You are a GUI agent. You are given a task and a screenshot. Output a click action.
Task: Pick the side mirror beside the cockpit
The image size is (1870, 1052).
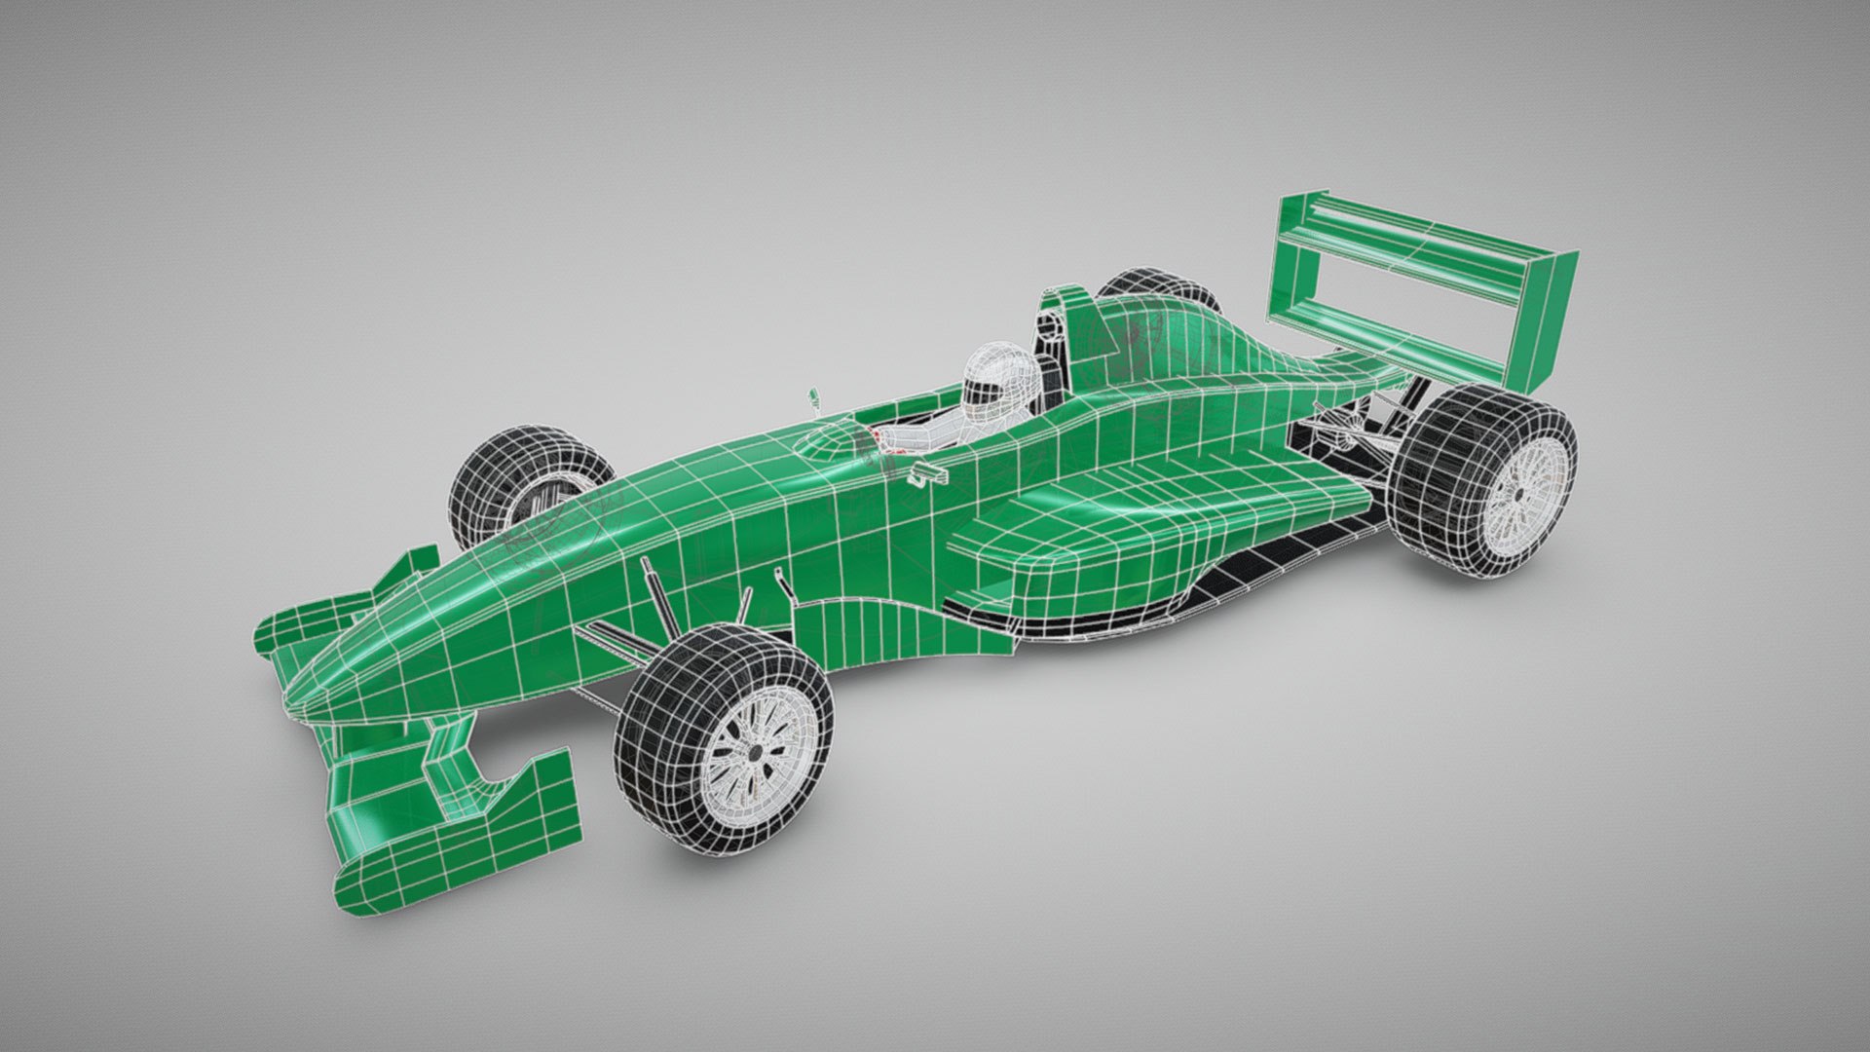927,475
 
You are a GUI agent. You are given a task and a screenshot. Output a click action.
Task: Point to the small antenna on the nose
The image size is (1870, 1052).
814,397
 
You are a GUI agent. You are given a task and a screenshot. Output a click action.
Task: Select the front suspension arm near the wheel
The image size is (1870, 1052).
614,638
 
